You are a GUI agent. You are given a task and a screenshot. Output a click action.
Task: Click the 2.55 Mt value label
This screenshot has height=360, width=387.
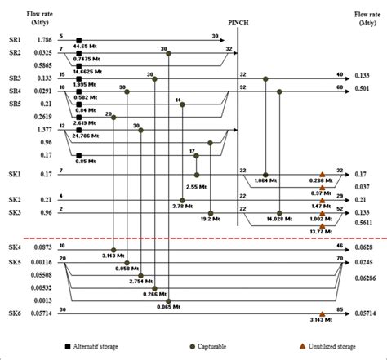197,187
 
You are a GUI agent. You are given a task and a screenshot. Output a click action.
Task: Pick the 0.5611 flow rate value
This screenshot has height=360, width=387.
363,222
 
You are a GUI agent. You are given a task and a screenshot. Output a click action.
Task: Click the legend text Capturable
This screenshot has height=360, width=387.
205,345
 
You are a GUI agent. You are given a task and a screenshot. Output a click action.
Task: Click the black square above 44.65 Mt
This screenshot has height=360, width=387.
78,39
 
